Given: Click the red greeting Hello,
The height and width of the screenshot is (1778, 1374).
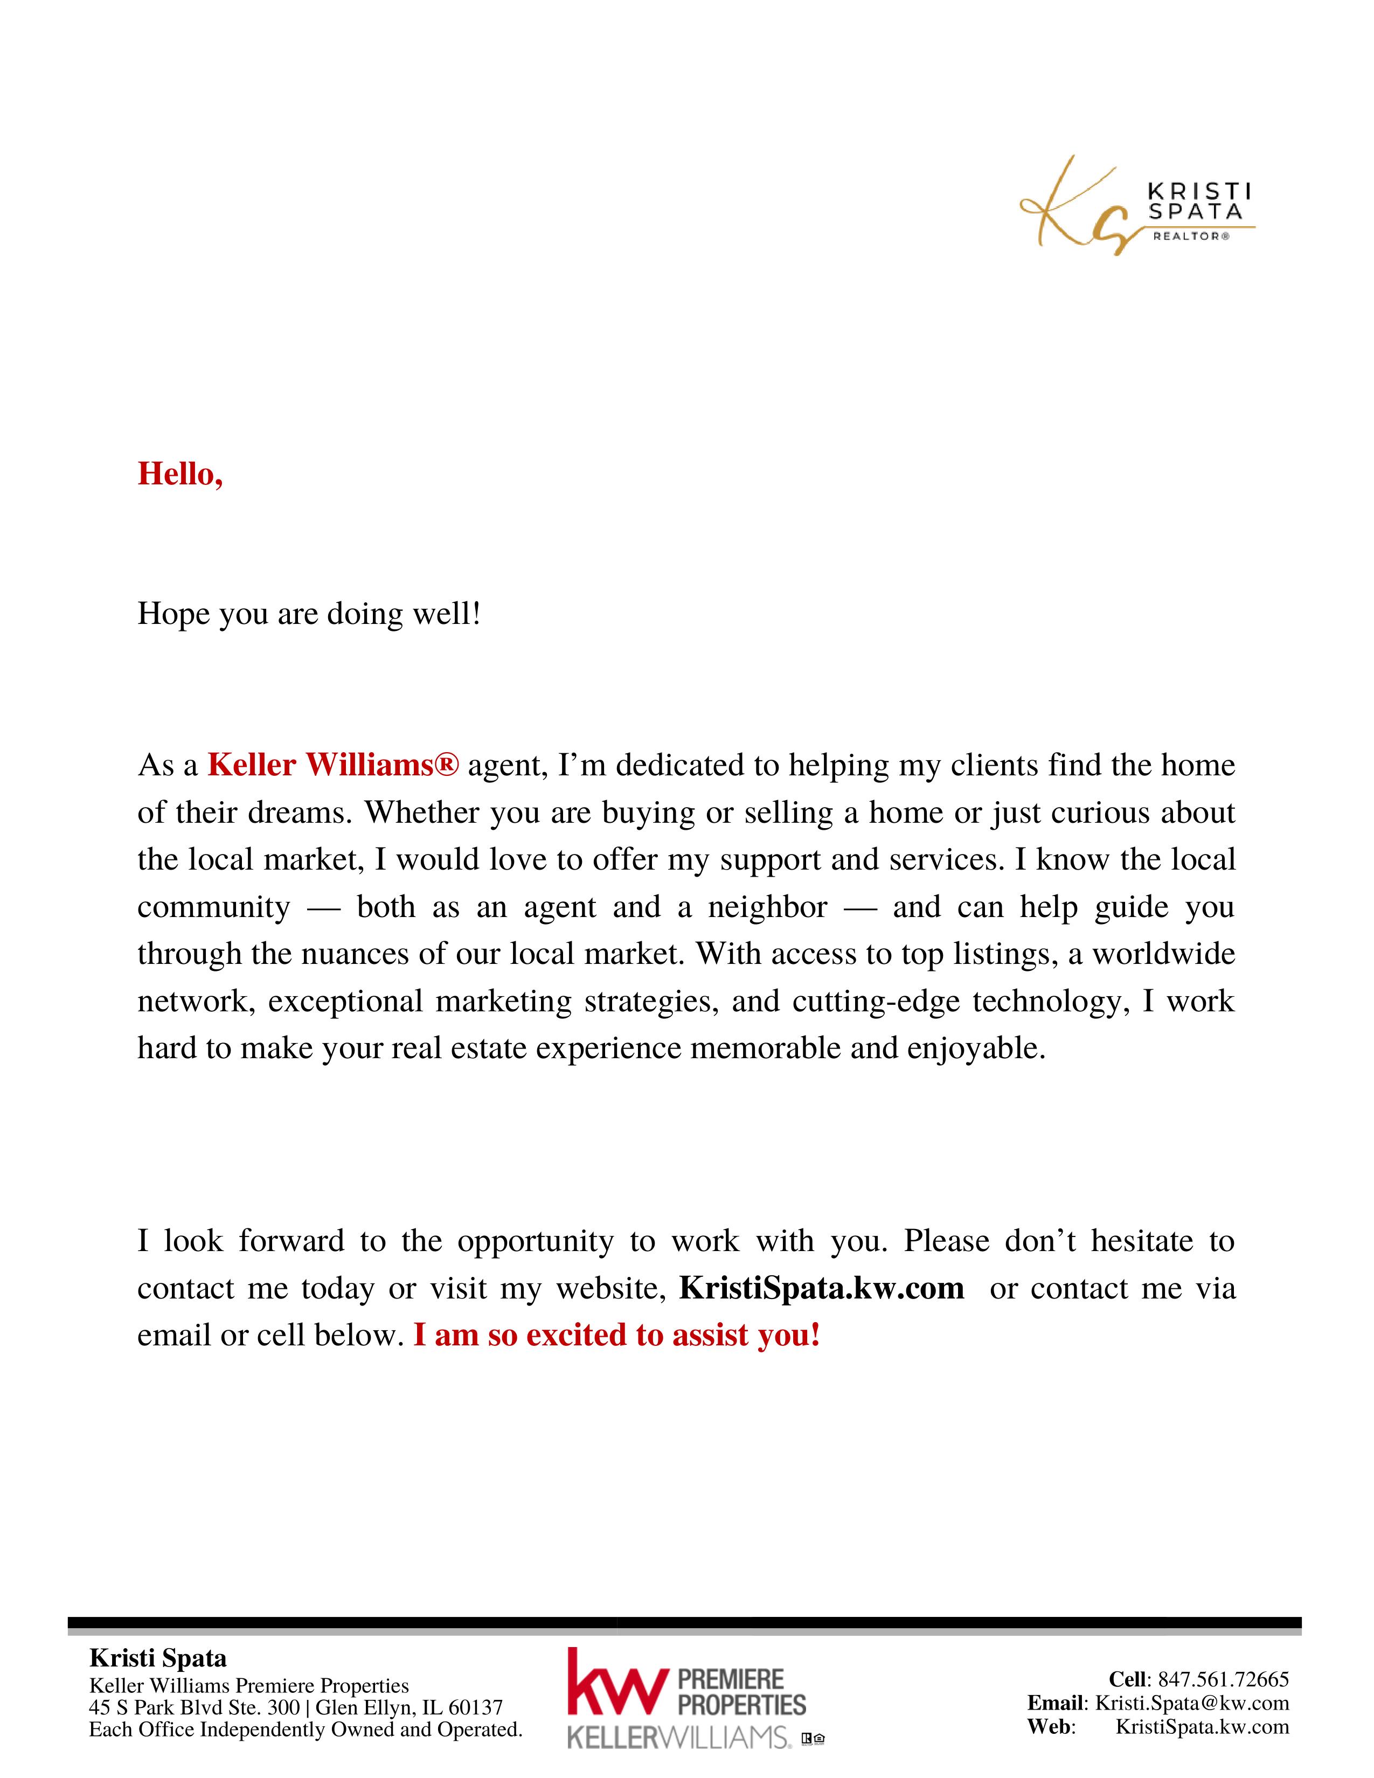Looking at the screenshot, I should tap(180, 474).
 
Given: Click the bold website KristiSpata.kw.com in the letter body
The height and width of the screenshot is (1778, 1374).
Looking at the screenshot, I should tap(821, 1288).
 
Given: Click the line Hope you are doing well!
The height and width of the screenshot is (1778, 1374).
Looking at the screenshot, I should tap(309, 614).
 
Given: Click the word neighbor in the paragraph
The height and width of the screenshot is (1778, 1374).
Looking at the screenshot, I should tap(768, 907).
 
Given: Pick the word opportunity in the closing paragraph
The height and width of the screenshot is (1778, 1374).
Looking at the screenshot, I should tap(535, 1241).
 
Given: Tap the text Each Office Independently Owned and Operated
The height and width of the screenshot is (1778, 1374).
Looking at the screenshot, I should tap(305, 1729).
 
